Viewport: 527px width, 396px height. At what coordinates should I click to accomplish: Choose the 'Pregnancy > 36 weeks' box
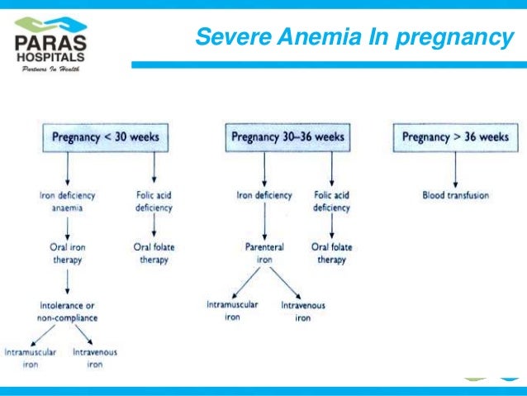[455, 136]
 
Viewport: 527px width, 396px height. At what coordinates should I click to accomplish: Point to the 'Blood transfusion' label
[455, 196]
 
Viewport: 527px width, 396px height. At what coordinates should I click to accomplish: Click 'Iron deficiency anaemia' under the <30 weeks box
[67, 202]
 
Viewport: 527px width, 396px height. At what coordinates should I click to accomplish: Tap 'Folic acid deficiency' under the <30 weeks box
[154, 202]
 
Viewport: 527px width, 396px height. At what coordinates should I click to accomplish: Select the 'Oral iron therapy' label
[68, 252]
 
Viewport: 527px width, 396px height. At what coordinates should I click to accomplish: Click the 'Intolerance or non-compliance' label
[67, 311]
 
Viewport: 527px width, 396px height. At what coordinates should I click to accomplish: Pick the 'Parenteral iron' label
[264, 252]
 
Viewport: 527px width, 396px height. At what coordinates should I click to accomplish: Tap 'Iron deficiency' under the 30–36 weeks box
[264, 196]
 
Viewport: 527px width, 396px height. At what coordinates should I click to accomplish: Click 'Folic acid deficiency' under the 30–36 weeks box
[331, 202]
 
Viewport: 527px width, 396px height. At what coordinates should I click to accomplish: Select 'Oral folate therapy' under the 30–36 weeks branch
[331, 252]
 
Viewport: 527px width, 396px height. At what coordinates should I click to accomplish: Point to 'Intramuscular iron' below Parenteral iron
[232, 310]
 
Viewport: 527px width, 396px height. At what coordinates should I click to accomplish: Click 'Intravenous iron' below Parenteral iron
[303, 311]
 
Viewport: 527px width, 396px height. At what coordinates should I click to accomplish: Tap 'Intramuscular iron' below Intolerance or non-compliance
[31, 357]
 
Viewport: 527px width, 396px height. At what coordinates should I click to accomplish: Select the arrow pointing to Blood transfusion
[455, 170]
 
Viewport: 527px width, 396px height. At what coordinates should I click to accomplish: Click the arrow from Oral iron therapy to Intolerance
[68, 282]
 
